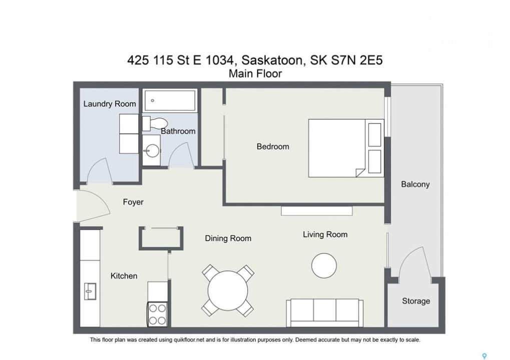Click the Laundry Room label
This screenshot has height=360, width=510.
110,104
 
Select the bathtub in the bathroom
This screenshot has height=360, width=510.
170,100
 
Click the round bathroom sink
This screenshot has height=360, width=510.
152,150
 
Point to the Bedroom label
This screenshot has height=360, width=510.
273,146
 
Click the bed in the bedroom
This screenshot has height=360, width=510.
346,148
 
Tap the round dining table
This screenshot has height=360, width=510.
228,290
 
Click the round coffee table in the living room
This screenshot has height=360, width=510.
324,266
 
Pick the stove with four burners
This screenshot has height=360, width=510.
158,314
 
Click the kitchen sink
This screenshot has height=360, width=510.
90,291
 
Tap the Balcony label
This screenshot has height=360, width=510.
415,184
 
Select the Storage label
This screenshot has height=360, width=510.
416,301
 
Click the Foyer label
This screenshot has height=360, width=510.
133,202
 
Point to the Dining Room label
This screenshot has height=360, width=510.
228,238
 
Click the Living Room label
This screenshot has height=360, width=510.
325,234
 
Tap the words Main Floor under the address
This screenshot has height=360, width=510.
255,74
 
